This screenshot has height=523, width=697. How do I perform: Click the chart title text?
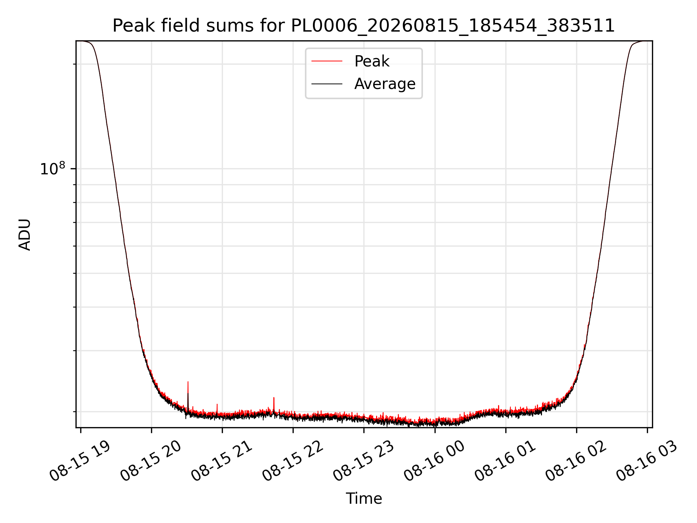coord(364,26)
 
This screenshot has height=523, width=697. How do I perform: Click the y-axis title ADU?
coord(25,234)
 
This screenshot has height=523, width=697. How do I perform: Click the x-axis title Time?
coord(364,498)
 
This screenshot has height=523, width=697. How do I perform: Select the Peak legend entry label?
coord(372,61)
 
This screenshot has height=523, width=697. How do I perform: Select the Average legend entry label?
coord(385,84)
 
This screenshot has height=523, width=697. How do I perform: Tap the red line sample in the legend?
coord(327,61)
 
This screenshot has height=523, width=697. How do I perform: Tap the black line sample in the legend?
coord(327,84)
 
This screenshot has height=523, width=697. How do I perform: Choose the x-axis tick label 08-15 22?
coord(292,461)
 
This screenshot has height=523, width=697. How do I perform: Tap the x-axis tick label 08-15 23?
coord(363,461)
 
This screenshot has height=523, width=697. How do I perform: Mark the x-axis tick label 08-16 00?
coord(434,461)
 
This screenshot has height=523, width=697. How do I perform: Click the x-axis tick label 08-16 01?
coord(505,461)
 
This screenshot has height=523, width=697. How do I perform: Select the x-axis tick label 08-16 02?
coord(575,461)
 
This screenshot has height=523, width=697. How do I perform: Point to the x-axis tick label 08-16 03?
coord(646,461)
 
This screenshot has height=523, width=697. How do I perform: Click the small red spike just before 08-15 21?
coord(217,408)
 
